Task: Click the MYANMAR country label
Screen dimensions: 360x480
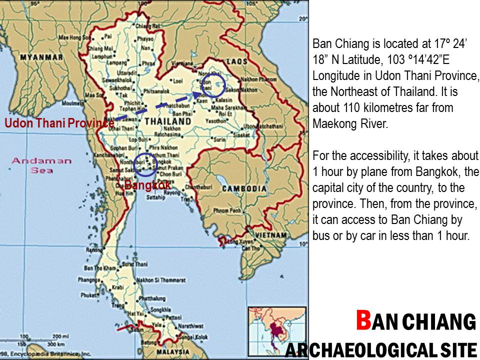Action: click(41, 57)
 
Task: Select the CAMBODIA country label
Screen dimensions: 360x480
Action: click(244, 188)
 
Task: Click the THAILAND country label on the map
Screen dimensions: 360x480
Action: click(167, 121)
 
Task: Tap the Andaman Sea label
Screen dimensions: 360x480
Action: click(41, 165)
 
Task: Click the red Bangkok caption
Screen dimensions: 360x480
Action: click(147, 185)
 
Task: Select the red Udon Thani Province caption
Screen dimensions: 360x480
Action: click(59, 123)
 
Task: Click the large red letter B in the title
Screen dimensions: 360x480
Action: click(363, 320)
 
